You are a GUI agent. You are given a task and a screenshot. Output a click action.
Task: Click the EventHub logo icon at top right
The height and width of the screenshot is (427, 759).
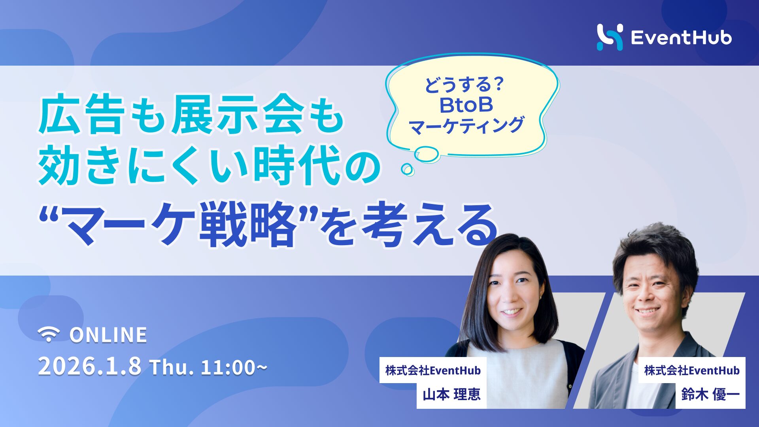pos(610,37)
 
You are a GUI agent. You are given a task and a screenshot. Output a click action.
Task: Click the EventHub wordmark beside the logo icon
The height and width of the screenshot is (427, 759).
pos(681,38)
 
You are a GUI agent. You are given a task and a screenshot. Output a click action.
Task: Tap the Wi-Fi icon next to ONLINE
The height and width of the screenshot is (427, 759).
pos(49,334)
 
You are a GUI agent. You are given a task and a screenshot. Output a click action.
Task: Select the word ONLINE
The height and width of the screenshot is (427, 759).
pos(108,335)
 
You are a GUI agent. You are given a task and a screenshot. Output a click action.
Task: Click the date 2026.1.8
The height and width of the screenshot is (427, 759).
pos(89,367)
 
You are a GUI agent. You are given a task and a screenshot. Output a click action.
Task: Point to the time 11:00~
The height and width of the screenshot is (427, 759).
pos(234,367)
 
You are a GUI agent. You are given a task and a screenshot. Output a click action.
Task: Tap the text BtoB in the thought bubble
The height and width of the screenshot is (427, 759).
pos(466,105)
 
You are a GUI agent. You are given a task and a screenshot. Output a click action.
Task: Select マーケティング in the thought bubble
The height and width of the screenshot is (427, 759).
pos(466,126)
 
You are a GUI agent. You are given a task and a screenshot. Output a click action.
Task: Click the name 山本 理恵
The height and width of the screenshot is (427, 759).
pos(451,395)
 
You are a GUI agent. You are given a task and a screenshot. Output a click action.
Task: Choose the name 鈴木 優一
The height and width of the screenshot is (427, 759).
pos(710,395)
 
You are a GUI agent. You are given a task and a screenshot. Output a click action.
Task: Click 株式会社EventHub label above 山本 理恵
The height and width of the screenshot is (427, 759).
pos(433,370)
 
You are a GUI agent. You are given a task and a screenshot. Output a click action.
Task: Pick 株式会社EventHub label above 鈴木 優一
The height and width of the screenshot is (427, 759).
pos(692,370)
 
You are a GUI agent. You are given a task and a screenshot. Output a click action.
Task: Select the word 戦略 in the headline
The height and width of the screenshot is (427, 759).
pos(247,224)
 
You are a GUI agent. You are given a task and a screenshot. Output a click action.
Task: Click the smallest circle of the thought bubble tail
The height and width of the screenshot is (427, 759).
pos(407,170)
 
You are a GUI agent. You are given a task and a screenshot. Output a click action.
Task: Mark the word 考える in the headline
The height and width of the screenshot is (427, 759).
pos(429,224)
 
